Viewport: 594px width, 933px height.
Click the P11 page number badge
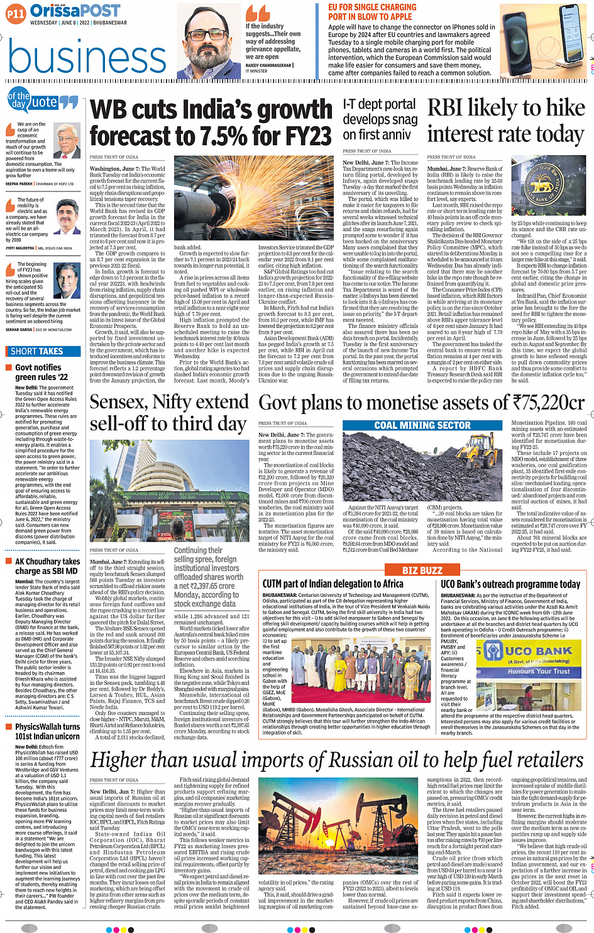tap(16, 13)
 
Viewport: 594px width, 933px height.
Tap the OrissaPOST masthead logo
tap(75, 11)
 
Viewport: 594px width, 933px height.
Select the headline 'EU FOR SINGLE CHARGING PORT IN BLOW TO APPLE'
tap(372, 12)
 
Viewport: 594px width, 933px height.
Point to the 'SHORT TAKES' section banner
tap(36, 351)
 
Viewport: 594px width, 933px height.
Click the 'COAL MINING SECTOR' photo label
tap(422, 425)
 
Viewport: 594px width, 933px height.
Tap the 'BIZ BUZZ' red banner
tap(422, 570)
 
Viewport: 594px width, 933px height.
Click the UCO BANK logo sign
tap(529, 657)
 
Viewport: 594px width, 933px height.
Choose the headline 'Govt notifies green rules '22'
tap(41, 372)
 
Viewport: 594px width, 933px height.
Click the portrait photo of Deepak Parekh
tap(67, 141)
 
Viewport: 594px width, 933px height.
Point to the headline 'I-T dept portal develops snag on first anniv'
tap(380, 119)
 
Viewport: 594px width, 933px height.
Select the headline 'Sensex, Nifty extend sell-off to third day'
tap(169, 412)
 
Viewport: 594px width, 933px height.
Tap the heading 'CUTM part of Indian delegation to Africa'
tap(333, 584)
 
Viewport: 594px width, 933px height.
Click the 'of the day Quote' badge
tap(42, 101)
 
